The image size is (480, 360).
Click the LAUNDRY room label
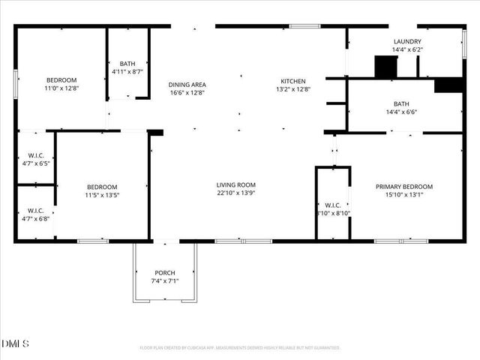click(x=406, y=42)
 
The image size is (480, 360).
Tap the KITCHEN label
click(x=293, y=81)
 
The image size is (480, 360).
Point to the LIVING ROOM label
click(x=236, y=184)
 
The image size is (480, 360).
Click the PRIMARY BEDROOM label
click(x=404, y=187)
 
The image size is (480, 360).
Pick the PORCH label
click(x=165, y=272)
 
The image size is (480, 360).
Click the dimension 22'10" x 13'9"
click(x=236, y=193)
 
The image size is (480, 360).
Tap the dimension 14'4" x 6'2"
click(x=406, y=50)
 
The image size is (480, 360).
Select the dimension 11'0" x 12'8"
click(x=61, y=88)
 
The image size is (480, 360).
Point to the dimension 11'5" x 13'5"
click(x=101, y=195)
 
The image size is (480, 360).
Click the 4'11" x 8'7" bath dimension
click(x=127, y=72)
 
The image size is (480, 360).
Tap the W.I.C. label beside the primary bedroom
click(x=332, y=205)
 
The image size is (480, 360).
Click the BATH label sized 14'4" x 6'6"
click(x=401, y=104)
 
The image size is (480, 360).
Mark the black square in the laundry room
click(x=385, y=67)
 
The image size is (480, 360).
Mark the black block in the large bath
click(x=448, y=85)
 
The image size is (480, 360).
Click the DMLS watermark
click(x=16, y=344)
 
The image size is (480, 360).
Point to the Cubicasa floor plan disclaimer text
click(x=240, y=348)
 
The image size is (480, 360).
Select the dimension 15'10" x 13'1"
click(x=404, y=195)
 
